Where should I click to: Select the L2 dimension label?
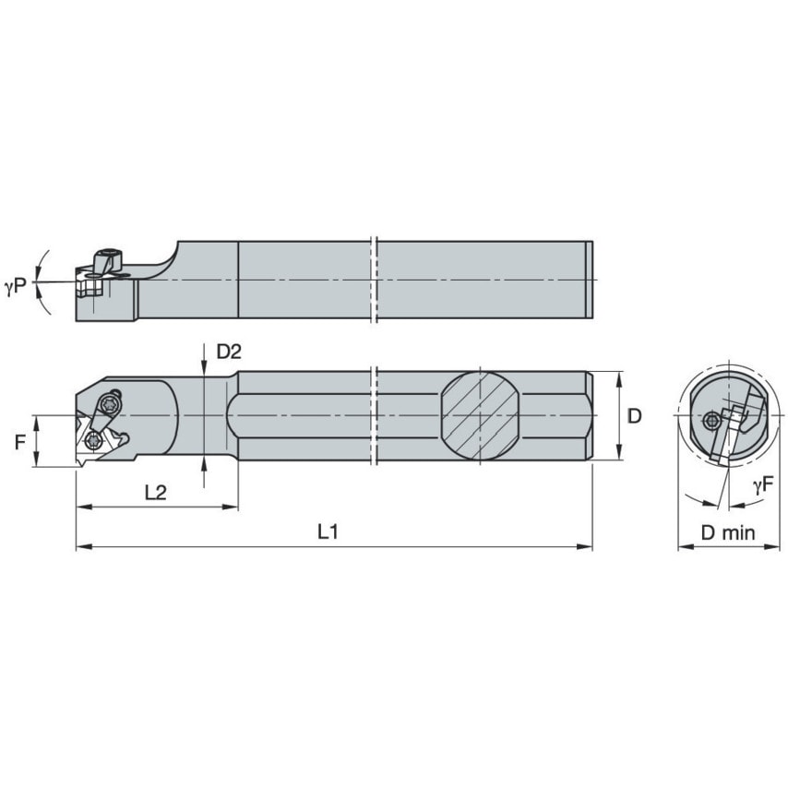coord(155,493)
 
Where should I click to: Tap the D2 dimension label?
coord(228,352)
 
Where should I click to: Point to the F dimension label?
coord(20,442)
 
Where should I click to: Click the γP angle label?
coord(15,288)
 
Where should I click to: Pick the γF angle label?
coord(762,484)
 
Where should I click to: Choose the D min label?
coord(727,532)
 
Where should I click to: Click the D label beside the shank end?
coord(633,416)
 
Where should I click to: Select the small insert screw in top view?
coord(90,440)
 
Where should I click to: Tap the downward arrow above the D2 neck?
coord(203,368)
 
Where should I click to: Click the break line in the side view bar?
coord(376,281)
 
